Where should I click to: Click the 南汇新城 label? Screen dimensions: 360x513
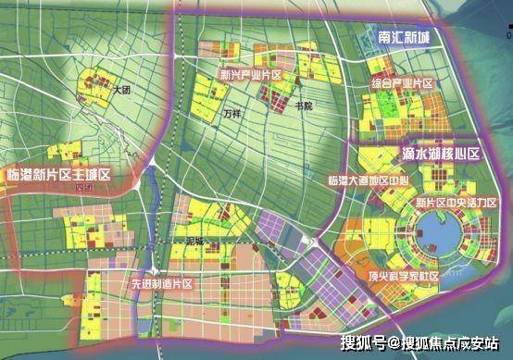click(405, 38)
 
